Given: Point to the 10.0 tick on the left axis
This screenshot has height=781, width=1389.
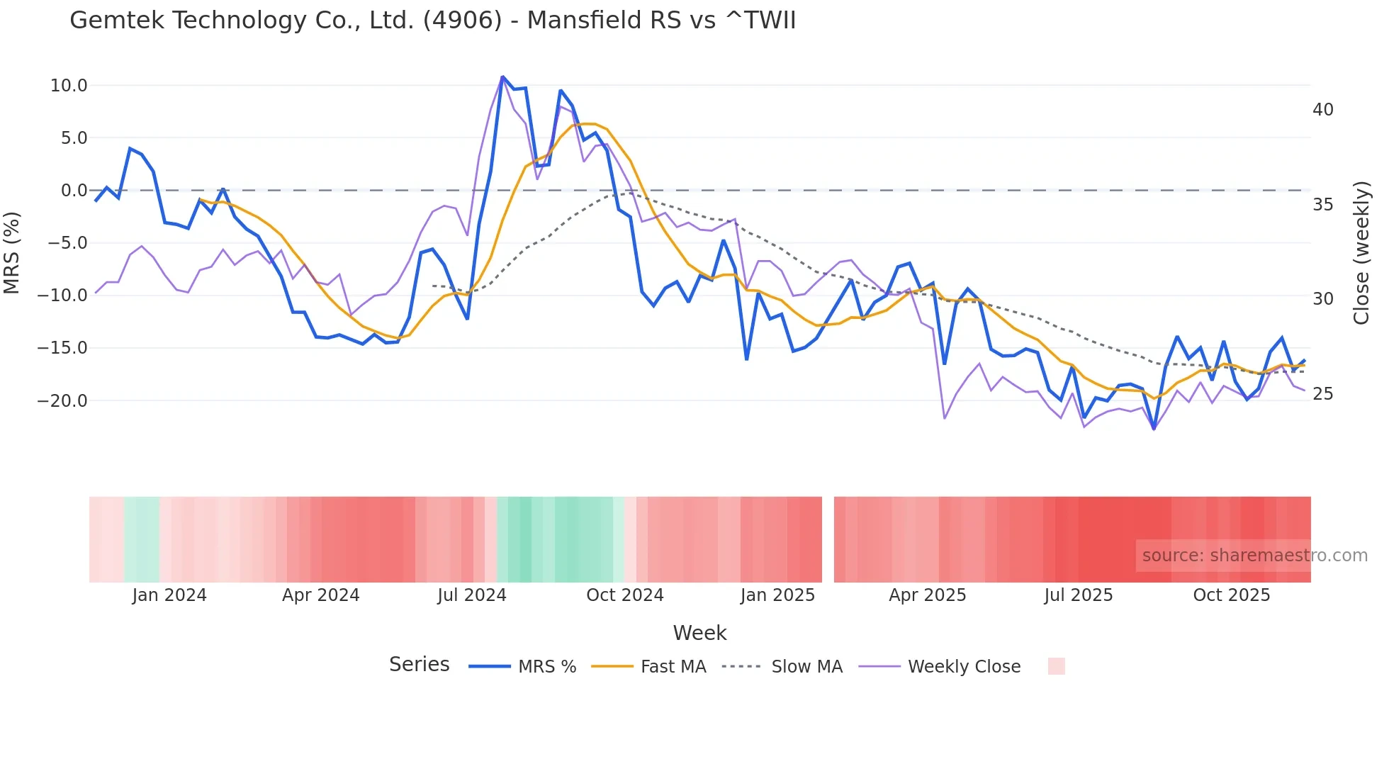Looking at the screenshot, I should tap(68, 86).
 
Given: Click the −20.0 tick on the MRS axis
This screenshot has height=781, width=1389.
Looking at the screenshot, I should tap(62, 401).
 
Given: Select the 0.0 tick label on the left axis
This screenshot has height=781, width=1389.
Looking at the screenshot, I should tap(74, 191).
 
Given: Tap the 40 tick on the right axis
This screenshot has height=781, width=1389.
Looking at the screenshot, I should tap(1322, 110).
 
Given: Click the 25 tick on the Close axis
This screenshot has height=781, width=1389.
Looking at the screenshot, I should tap(1322, 394).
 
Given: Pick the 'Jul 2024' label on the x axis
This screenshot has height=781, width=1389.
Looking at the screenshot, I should tap(471, 595).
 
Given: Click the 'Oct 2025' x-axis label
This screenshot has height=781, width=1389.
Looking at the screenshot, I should tap(1231, 595).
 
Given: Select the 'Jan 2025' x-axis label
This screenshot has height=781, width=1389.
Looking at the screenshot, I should tap(777, 595).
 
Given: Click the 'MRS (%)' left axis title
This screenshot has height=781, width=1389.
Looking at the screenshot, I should tap(12, 252).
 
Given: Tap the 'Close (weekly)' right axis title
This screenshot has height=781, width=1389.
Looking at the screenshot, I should tap(1361, 253).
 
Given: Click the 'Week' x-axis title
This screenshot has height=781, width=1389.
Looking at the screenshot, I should tap(699, 633).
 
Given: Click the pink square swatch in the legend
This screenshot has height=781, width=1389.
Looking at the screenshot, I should tap(1056, 666).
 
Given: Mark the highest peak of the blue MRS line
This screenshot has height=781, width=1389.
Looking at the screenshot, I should tap(502, 77).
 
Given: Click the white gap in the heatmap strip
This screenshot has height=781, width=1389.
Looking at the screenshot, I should tap(828, 539).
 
